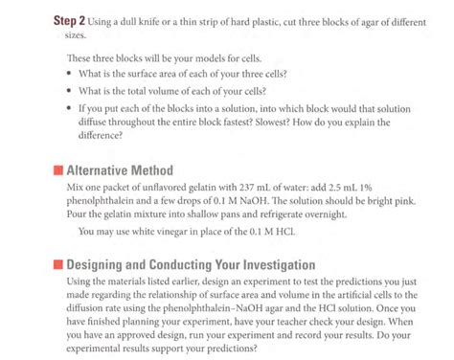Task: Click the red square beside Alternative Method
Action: point(57,170)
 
